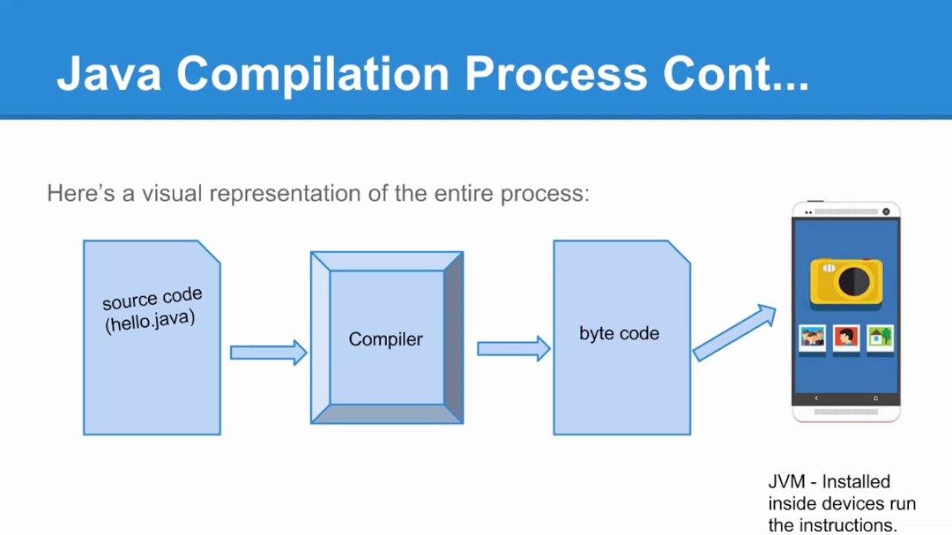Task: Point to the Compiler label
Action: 385,340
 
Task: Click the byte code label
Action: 619,334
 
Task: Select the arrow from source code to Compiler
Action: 268,352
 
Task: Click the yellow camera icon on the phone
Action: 846,281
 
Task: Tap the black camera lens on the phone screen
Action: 854,282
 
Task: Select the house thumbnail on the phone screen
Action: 880,337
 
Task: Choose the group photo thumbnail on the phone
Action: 812,337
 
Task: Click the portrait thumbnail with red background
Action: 846,337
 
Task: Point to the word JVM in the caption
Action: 786,482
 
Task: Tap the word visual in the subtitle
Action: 172,193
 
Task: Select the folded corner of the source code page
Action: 210,250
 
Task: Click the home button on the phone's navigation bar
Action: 875,398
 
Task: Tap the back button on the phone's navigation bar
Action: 816,398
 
